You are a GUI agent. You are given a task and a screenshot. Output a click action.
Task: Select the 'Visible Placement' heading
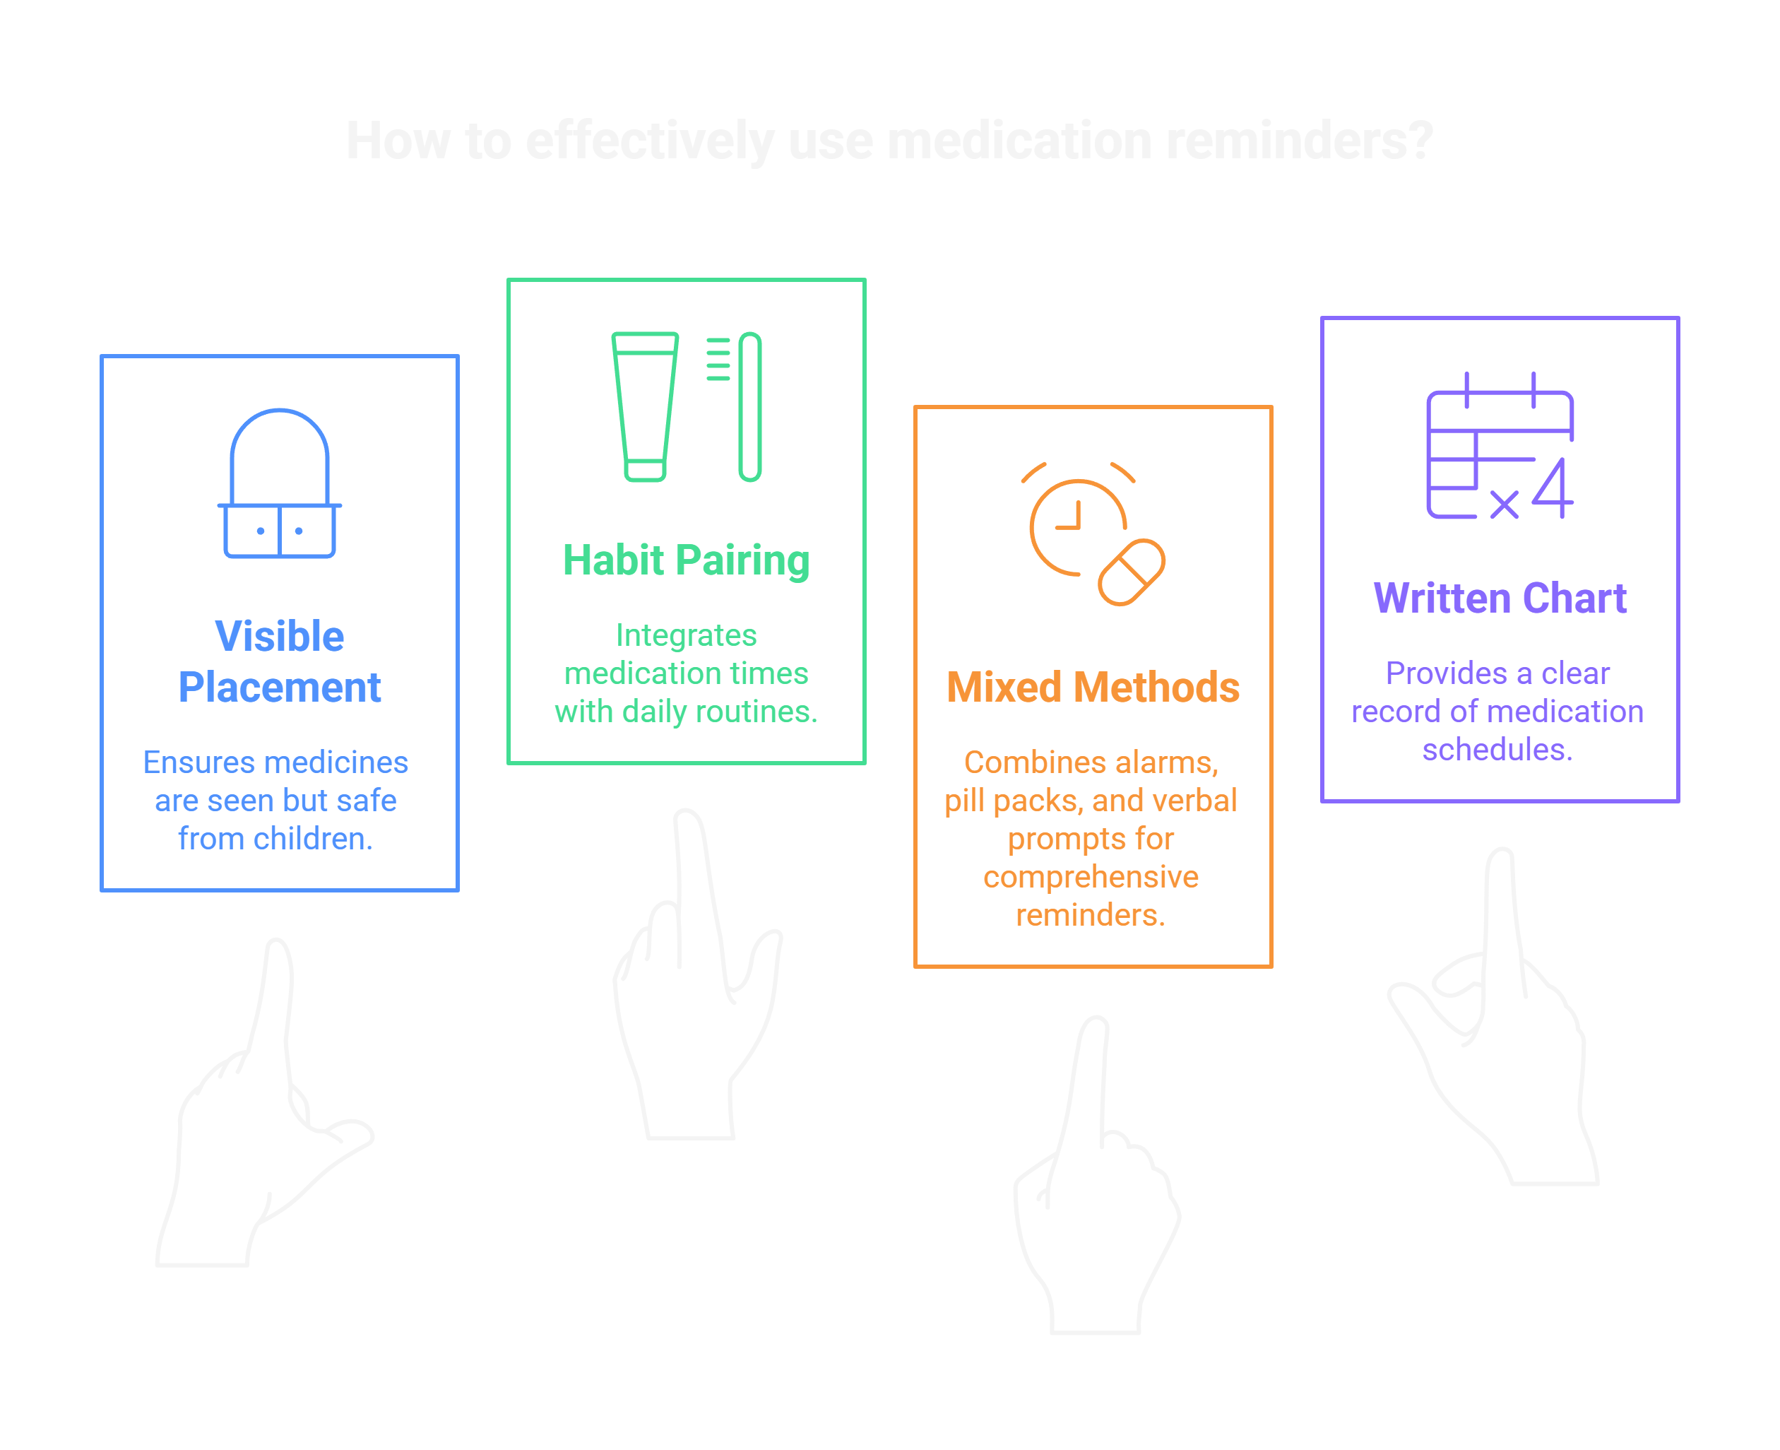click(x=279, y=661)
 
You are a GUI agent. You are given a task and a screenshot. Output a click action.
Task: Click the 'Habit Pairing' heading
click(x=685, y=560)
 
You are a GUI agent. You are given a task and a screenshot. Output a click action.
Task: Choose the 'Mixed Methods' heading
click(x=1093, y=688)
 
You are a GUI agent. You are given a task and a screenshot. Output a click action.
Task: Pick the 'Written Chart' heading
click(x=1500, y=598)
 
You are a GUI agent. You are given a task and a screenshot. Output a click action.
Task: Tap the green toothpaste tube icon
click(x=644, y=407)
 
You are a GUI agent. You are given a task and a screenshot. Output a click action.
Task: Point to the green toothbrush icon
click(x=748, y=407)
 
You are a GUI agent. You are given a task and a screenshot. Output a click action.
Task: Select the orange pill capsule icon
click(x=1132, y=572)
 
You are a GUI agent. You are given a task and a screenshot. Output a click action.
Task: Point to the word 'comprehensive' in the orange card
click(x=1091, y=877)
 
